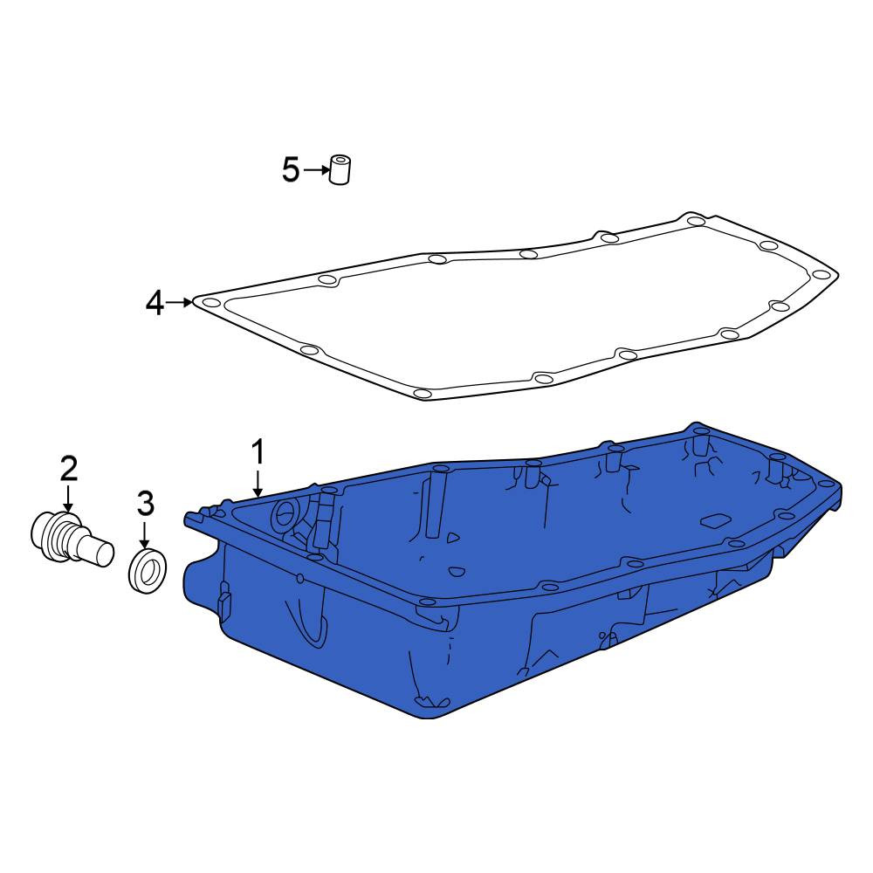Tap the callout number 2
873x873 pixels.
click(x=69, y=469)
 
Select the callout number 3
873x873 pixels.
click(x=145, y=504)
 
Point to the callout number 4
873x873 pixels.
click(x=155, y=304)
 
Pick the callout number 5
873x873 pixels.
click(x=291, y=169)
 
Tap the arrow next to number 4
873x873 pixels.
click(x=179, y=302)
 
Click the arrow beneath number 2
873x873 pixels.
click(x=68, y=498)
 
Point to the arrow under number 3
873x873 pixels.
click(x=145, y=534)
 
